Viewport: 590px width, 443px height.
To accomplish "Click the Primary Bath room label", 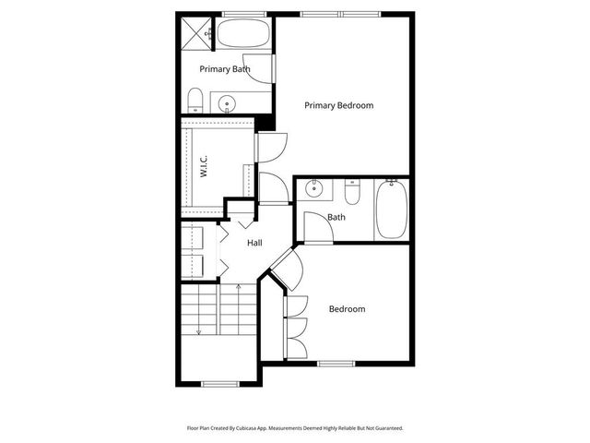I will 225,69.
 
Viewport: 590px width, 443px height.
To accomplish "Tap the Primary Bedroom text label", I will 338,105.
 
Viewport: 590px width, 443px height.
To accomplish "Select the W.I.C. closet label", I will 202,167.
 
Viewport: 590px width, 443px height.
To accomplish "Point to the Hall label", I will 254,243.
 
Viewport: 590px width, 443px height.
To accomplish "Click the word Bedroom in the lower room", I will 347,309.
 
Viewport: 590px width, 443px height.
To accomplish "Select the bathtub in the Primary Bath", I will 242,38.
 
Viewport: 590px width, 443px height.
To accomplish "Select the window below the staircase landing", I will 219,384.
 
